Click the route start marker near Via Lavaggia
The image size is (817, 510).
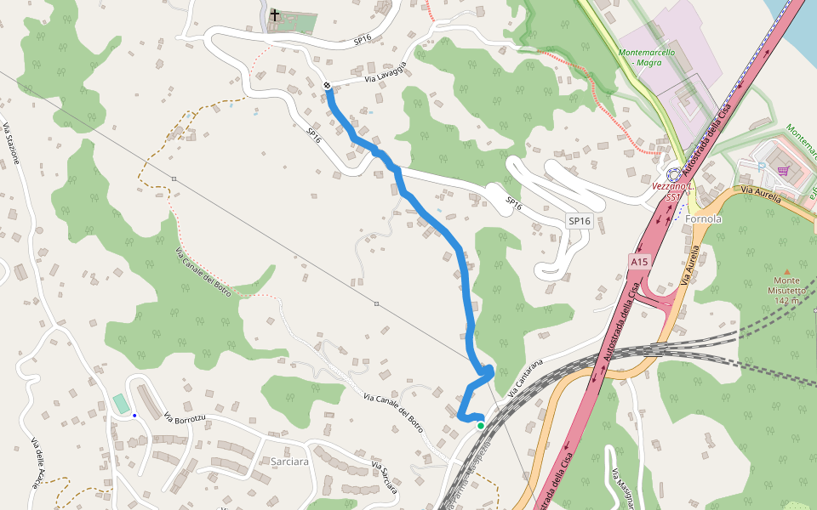[328, 84]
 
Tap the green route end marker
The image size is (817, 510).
[481, 425]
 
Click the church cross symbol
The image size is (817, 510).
[274, 14]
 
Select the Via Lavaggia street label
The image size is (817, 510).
[386, 72]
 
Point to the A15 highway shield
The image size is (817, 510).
[639, 262]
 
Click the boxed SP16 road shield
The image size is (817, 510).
[579, 221]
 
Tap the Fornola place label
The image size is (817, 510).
[703, 218]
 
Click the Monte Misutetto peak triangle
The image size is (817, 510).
[786, 270]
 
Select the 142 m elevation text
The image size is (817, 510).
[789, 300]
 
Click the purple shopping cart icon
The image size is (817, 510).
[782, 171]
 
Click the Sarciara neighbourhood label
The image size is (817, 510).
[289, 462]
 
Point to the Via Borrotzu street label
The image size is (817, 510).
[186, 418]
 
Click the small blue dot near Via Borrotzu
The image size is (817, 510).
[134, 415]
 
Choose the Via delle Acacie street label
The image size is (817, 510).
[35, 462]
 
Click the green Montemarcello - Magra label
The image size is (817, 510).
[647, 57]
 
